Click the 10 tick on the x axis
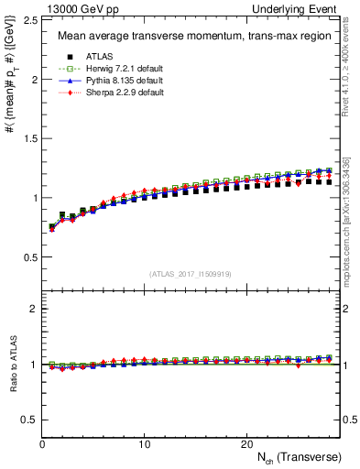144,444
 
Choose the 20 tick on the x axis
245,444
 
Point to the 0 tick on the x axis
42,444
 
